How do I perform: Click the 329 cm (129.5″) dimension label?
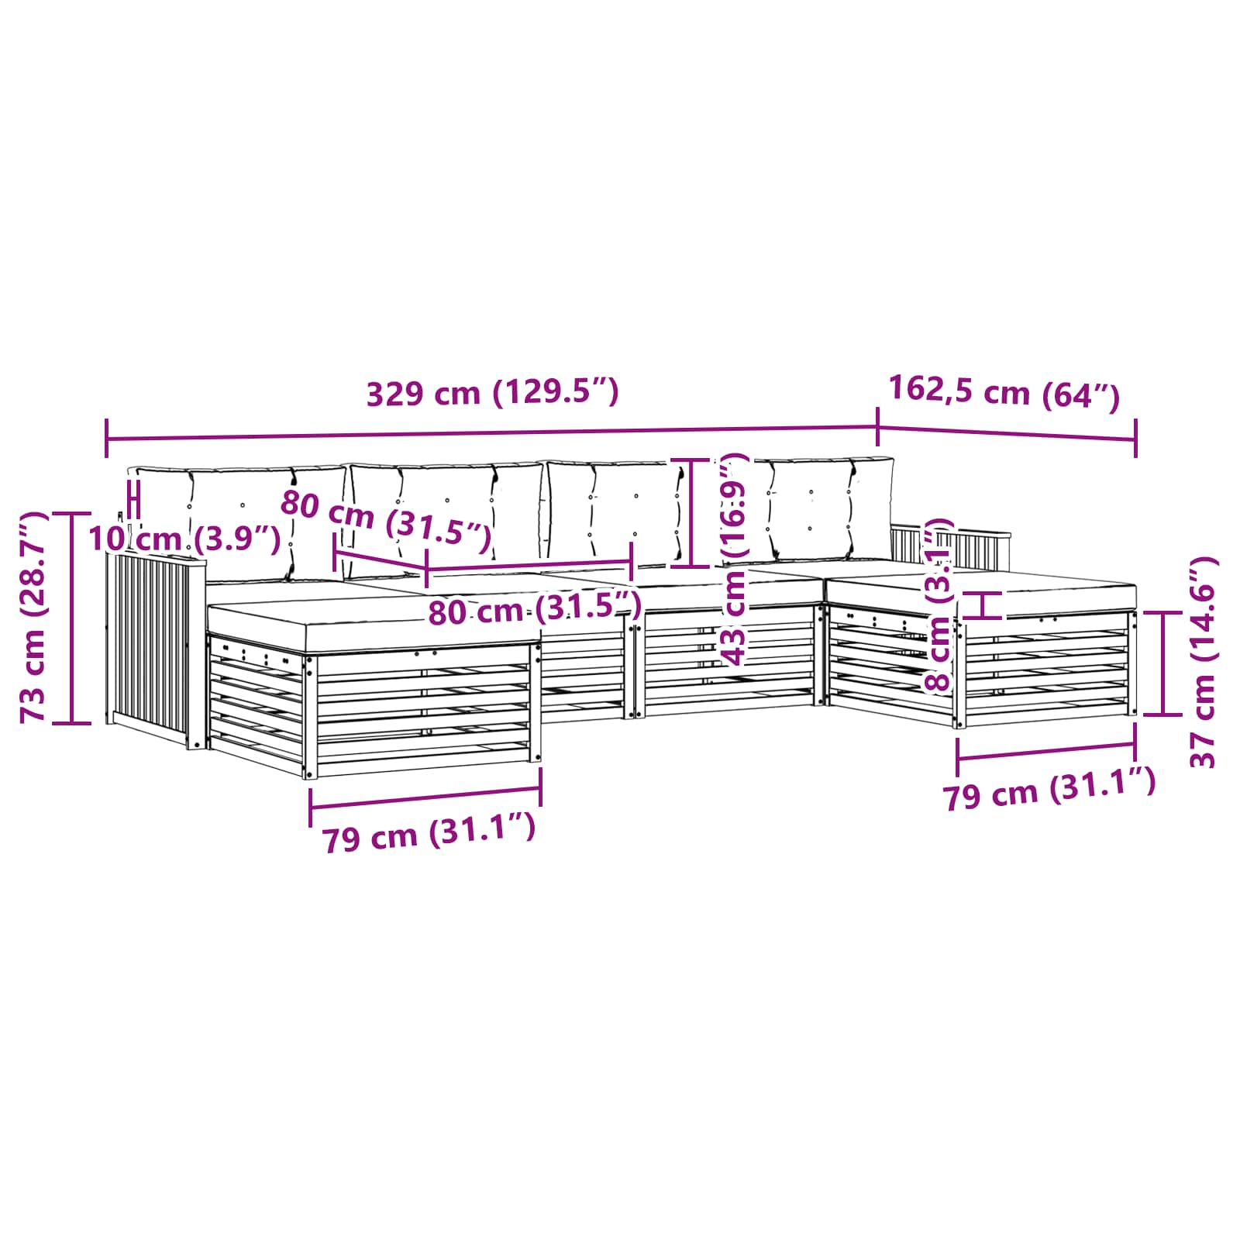click(x=492, y=393)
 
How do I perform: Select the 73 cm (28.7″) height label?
click(x=35, y=617)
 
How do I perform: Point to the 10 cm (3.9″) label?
click(x=184, y=539)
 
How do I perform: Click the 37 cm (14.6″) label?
click(x=1203, y=663)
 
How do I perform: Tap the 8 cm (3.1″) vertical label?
click(x=939, y=604)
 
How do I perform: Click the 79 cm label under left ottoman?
click(x=429, y=835)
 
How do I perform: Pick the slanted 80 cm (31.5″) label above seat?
click(x=385, y=521)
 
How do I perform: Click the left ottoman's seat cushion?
click(x=372, y=612)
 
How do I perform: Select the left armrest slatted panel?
click(x=151, y=643)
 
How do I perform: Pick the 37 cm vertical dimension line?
click(x=1163, y=663)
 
